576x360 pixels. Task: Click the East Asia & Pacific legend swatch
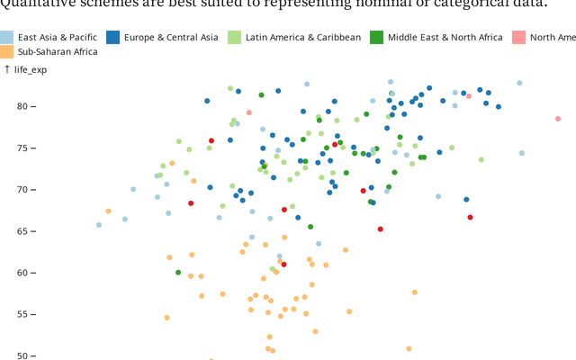click(7, 38)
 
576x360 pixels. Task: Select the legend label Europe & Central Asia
click(172, 38)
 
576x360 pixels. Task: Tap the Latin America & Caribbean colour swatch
click(234, 38)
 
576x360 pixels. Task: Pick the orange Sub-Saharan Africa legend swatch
click(7, 52)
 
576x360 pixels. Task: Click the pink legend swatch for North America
click(518, 38)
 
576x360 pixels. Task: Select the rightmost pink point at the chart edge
click(558, 119)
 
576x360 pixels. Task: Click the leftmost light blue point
click(99, 225)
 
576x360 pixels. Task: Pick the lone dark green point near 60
click(178, 272)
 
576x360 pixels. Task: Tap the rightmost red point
click(470, 217)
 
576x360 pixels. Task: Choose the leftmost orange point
click(108, 211)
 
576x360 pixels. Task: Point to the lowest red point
click(283, 265)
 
